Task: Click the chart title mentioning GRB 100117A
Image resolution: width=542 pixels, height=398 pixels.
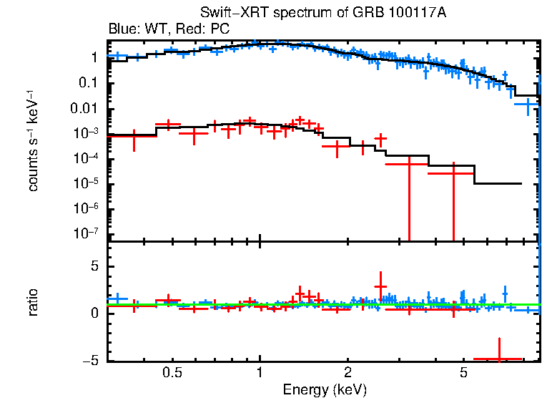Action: click(324, 14)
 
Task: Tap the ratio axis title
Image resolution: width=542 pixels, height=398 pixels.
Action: click(33, 301)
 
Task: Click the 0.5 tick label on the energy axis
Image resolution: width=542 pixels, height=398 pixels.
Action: click(172, 373)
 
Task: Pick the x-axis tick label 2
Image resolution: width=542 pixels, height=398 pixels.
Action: click(348, 373)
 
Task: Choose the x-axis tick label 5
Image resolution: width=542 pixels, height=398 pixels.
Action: click(463, 373)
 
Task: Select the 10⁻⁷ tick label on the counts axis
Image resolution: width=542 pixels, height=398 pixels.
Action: click(87, 233)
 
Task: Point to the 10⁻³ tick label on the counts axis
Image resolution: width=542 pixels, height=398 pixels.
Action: click(87, 133)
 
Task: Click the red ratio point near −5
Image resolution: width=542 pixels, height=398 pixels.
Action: click(498, 358)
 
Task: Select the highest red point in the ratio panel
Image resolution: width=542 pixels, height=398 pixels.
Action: click(380, 286)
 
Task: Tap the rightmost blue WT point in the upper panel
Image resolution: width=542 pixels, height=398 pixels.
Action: click(527, 105)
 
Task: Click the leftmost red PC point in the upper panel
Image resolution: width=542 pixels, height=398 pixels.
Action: click(134, 135)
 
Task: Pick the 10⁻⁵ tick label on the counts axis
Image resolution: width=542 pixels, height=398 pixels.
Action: click(87, 183)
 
